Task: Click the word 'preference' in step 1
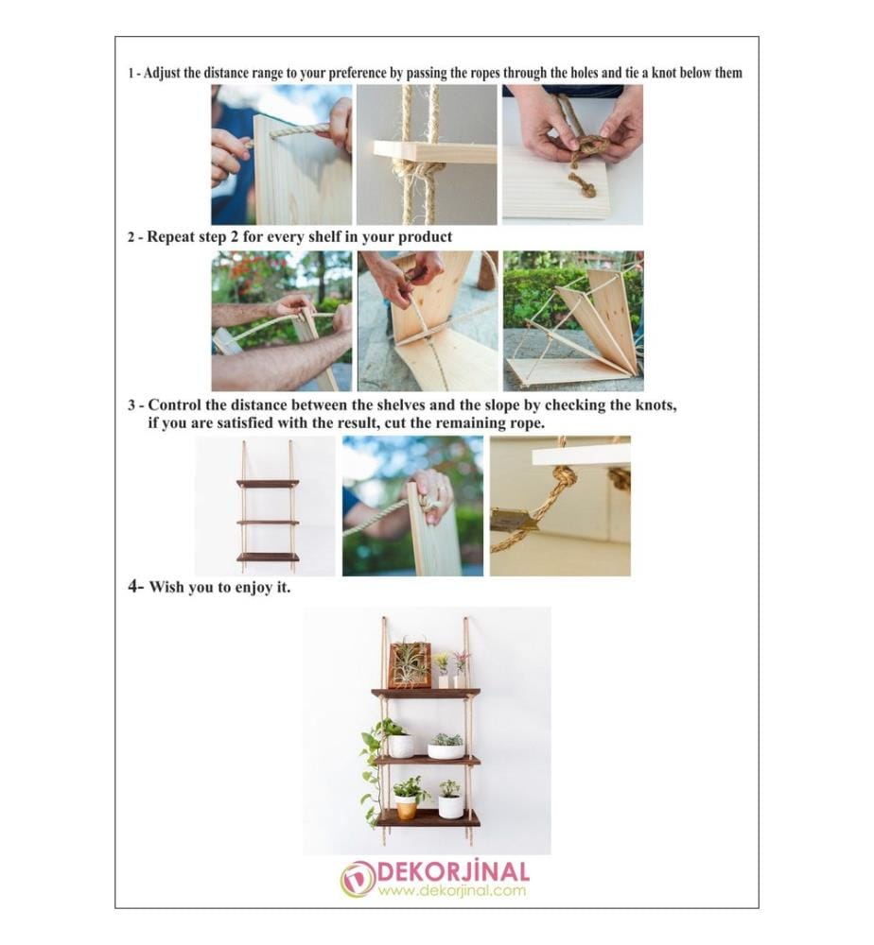pyautogui.click(x=358, y=74)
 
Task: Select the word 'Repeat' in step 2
pyautogui.click(x=170, y=237)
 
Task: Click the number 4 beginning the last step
pyautogui.click(x=133, y=586)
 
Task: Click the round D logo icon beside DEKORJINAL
pyautogui.click(x=358, y=880)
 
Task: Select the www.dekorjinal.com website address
pyautogui.click(x=452, y=890)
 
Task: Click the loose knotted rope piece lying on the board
pyautogui.click(x=581, y=185)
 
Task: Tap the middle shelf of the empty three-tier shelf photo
pyautogui.click(x=268, y=522)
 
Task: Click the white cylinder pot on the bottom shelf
pyautogui.click(x=450, y=806)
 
